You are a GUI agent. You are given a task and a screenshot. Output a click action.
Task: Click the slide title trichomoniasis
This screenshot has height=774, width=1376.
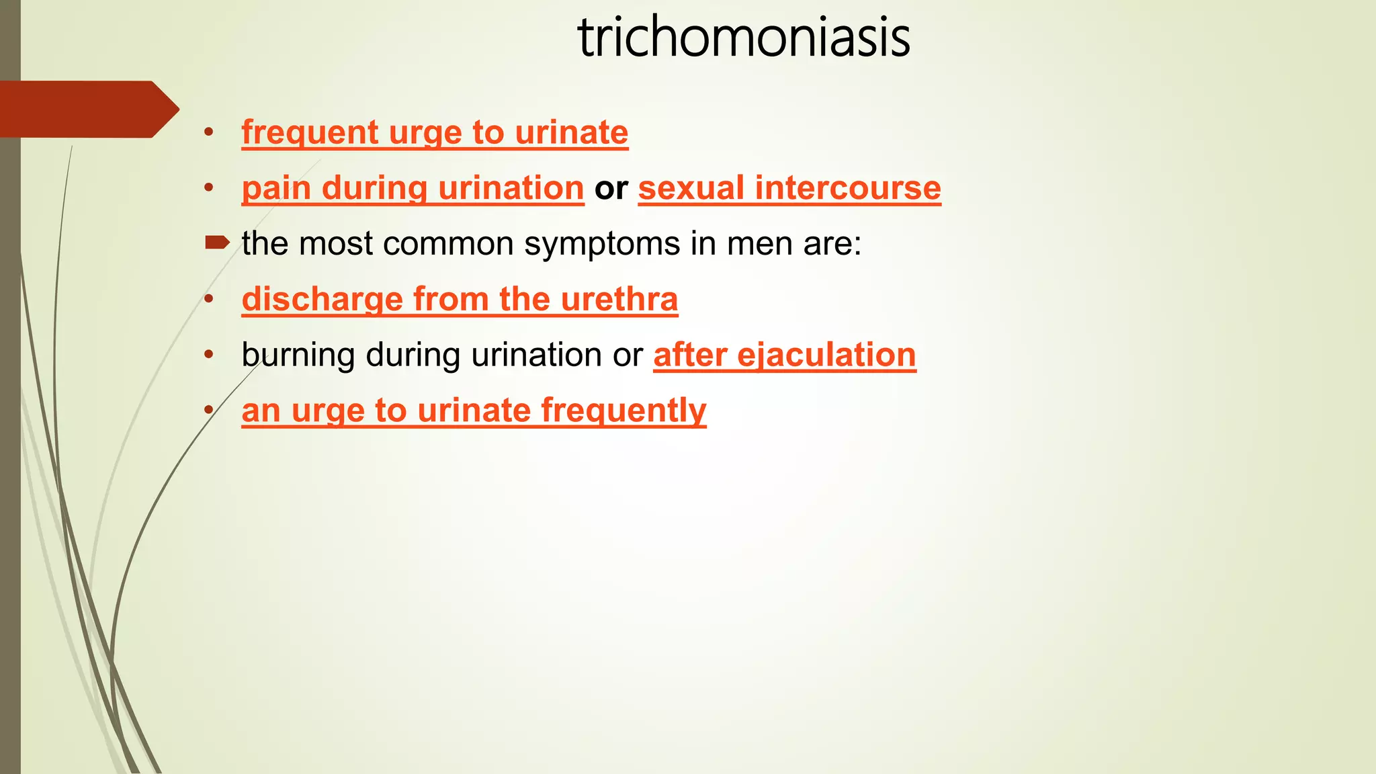pyautogui.click(x=744, y=38)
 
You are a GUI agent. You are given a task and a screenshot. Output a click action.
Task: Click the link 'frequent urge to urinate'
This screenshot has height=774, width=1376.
pyautogui.click(x=435, y=132)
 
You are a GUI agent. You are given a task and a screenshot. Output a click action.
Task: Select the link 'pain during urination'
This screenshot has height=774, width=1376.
pyautogui.click(x=413, y=188)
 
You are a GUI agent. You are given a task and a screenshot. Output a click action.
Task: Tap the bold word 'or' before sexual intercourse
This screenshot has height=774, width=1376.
pyautogui.click(x=611, y=188)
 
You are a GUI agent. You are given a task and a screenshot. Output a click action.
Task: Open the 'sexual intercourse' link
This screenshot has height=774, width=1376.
pyautogui.click(x=789, y=188)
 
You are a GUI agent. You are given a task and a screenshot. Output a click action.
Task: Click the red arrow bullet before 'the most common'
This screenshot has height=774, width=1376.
pyautogui.click(x=217, y=243)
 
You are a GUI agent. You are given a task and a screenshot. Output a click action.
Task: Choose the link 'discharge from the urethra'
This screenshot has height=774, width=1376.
pyautogui.click(x=460, y=300)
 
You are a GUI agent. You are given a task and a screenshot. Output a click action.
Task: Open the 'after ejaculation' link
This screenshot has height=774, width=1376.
pyautogui.click(x=784, y=355)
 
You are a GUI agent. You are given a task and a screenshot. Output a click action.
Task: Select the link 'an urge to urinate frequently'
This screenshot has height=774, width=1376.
pyautogui.click(x=474, y=411)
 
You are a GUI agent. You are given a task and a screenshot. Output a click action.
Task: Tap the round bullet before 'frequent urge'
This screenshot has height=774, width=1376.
pyautogui.click(x=209, y=132)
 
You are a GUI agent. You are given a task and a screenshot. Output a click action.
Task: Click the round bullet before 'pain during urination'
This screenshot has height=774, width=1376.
pyautogui.click(x=209, y=187)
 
